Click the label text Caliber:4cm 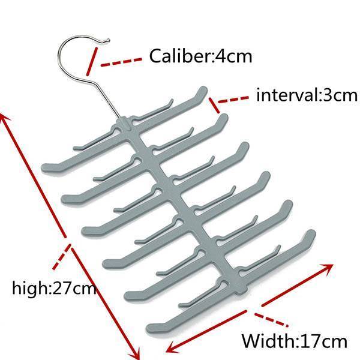click(x=200, y=57)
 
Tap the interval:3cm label click(x=306, y=95)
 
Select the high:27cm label click(x=54, y=288)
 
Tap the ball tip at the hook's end click(x=107, y=41)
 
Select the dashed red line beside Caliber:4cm click(x=121, y=61)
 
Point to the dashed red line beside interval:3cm click(x=235, y=98)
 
